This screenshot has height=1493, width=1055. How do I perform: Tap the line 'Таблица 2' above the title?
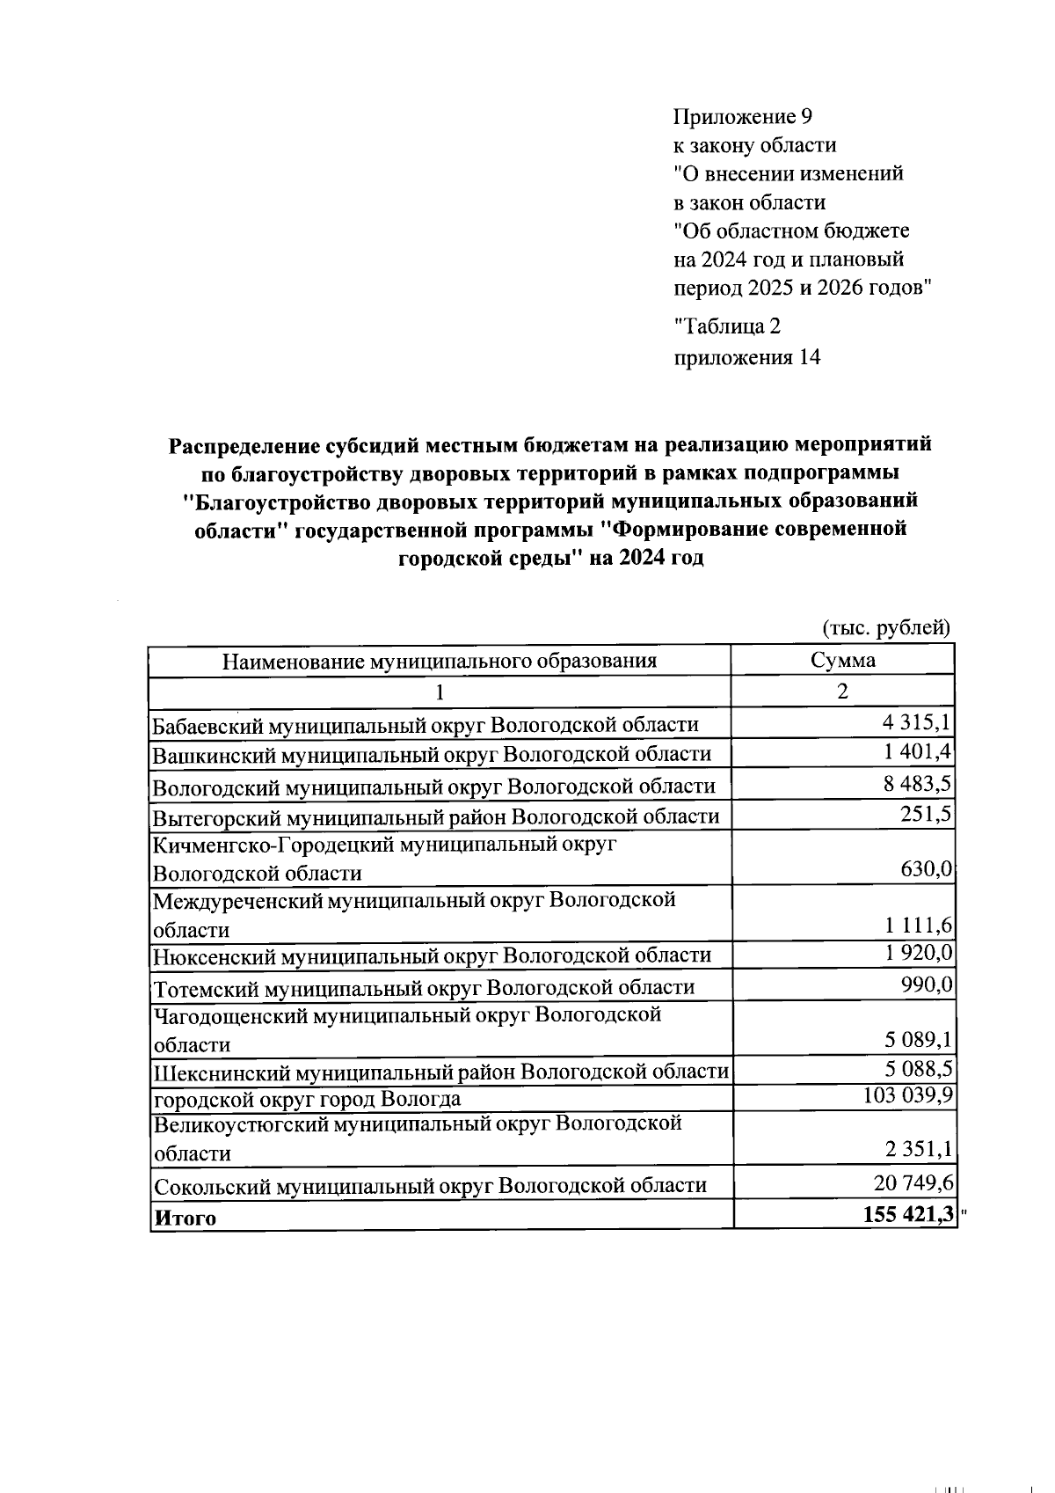[x=727, y=326]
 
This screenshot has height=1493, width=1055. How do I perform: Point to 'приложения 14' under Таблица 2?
[x=746, y=357]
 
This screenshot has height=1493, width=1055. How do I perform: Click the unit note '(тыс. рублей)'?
[x=885, y=627]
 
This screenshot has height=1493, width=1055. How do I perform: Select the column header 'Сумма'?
[x=842, y=661]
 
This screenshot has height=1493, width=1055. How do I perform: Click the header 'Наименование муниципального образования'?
[x=439, y=661]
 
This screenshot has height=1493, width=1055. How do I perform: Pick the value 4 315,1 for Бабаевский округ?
[x=917, y=722]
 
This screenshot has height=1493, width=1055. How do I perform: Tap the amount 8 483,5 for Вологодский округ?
[x=917, y=783]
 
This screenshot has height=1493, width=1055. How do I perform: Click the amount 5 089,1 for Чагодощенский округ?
[x=917, y=1041]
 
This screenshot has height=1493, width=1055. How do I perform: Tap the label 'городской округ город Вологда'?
[x=307, y=1100]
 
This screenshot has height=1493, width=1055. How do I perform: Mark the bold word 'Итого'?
[x=185, y=1219]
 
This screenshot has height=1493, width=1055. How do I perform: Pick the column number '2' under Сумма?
[x=842, y=691]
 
